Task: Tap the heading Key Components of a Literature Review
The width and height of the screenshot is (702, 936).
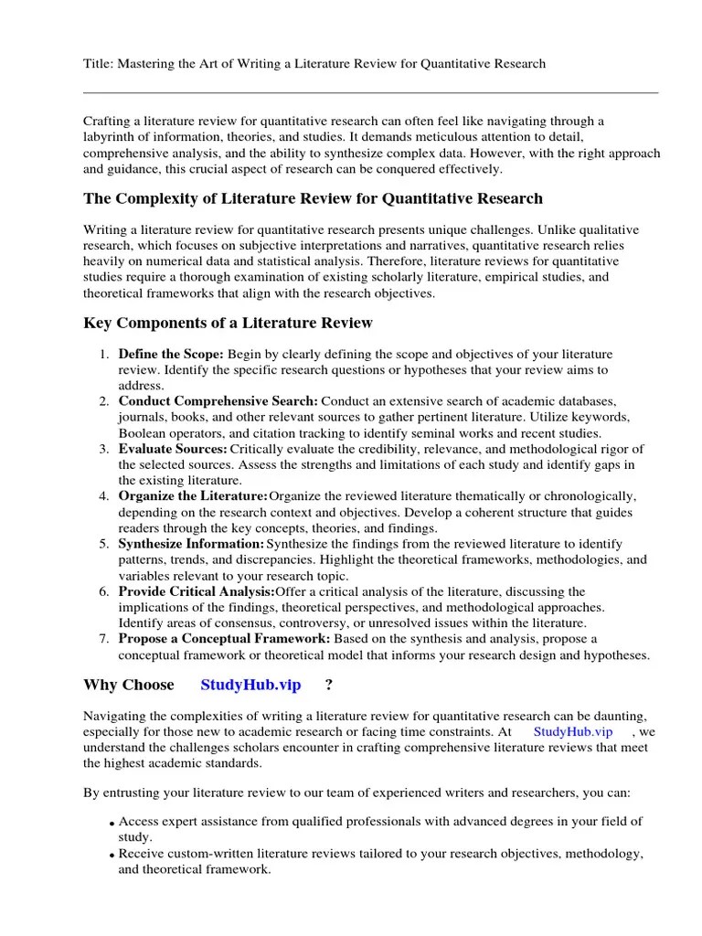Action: (228, 323)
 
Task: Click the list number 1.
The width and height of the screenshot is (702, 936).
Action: (105, 354)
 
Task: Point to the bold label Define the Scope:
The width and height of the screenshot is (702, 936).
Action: (171, 354)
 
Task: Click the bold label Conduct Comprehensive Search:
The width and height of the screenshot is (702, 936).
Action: (218, 401)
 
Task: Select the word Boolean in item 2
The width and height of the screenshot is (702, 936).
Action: (143, 433)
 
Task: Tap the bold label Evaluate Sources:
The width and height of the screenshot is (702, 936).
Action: (173, 449)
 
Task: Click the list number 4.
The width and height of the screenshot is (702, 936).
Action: (105, 496)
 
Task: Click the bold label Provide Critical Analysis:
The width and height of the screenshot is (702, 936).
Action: (196, 591)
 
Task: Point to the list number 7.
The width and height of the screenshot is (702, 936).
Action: (105, 639)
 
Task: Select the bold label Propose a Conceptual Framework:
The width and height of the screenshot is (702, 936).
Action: (225, 639)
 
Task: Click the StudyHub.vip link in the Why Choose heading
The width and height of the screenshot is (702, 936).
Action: (250, 685)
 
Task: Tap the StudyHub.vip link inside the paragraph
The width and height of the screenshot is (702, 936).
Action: (572, 732)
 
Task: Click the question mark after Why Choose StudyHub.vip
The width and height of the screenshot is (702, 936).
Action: (329, 685)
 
